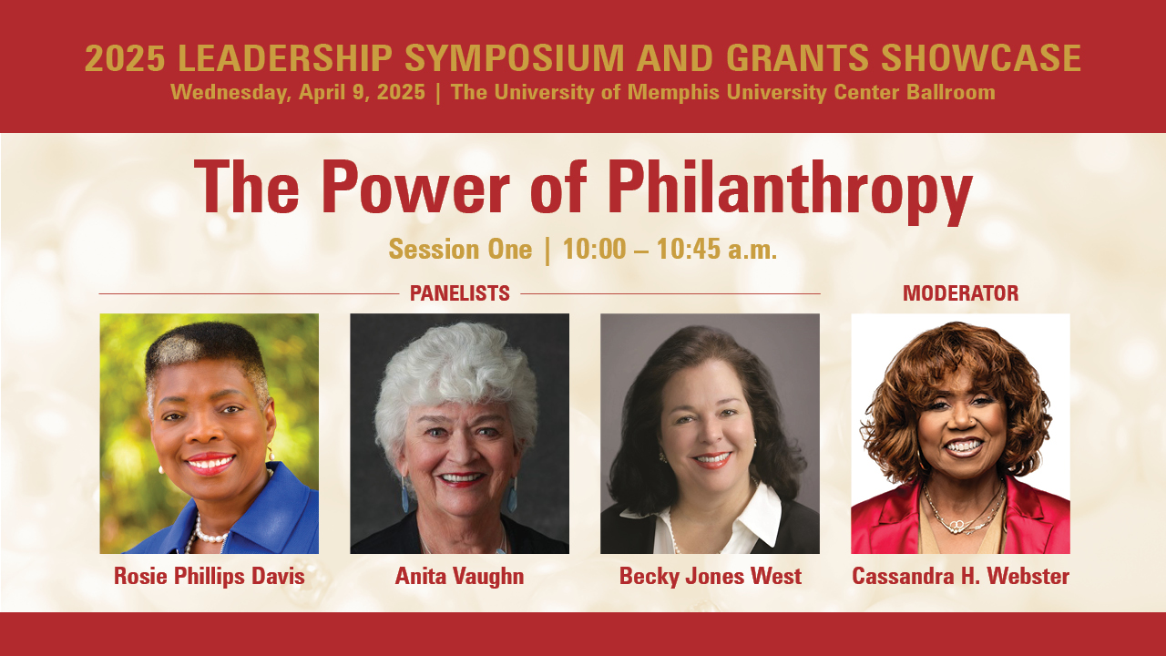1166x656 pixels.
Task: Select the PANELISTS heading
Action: tap(460, 293)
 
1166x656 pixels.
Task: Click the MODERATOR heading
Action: tap(960, 293)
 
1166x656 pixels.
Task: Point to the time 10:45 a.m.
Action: tap(716, 249)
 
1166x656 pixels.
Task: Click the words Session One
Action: tap(460, 249)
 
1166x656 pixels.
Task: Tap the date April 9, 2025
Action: tap(362, 93)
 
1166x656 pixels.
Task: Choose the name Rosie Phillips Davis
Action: tap(210, 577)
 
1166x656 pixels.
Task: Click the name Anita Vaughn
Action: tap(459, 577)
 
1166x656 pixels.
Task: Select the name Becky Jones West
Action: tap(710, 577)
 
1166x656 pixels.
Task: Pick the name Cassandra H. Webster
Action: tap(960, 577)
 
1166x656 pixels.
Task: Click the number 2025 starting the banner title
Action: tap(125, 57)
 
